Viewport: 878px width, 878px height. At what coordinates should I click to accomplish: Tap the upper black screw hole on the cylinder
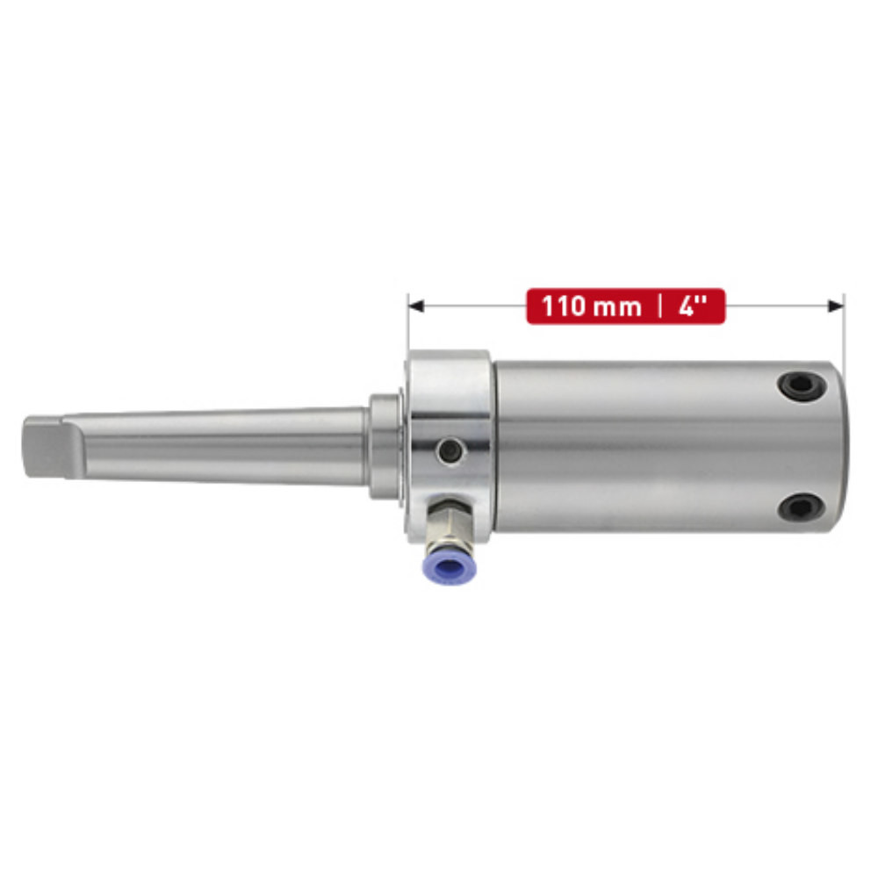point(802,384)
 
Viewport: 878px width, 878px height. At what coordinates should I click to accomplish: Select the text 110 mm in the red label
point(591,307)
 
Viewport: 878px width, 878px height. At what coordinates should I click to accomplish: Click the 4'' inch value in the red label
point(693,307)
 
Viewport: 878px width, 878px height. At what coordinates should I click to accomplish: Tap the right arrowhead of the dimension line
point(835,306)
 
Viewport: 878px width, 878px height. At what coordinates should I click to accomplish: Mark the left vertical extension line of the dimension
point(408,325)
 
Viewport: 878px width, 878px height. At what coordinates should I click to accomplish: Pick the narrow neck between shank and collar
point(385,446)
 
